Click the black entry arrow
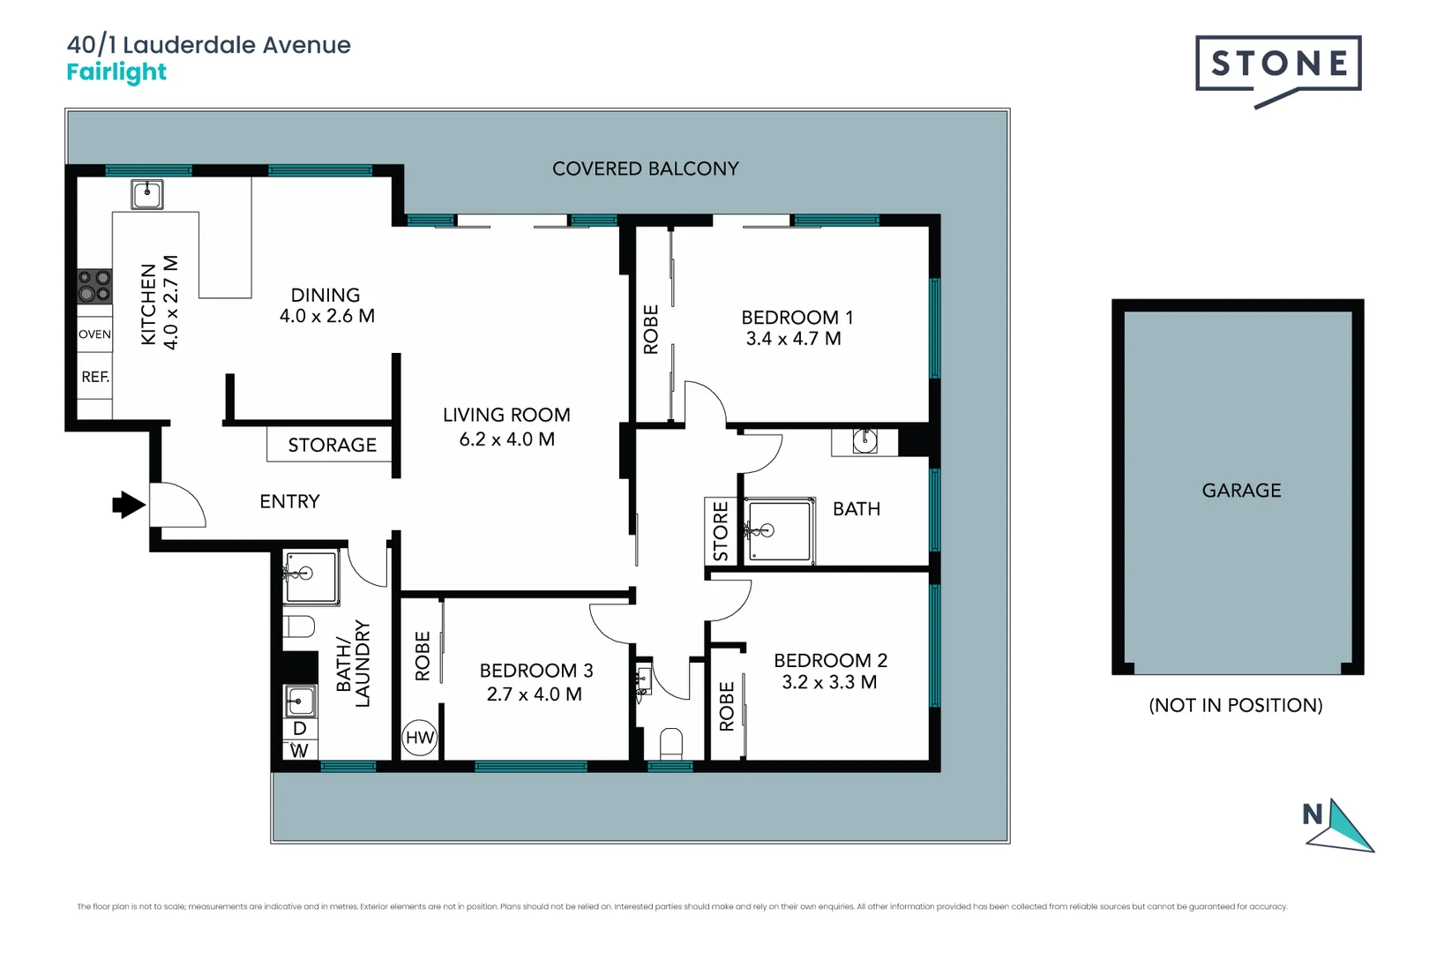click(x=129, y=505)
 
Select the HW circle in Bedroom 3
click(x=420, y=738)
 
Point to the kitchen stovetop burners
click(x=94, y=286)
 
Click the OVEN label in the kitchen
click(x=94, y=334)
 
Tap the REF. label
click(x=95, y=377)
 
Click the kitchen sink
click(x=147, y=194)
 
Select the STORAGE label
click(x=332, y=445)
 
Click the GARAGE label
click(x=1241, y=491)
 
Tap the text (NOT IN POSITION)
click(x=1235, y=705)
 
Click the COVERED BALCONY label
click(x=645, y=169)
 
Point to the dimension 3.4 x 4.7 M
click(x=793, y=339)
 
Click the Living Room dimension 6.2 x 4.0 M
click(x=506, y=439)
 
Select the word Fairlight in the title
click(x=116, y=72)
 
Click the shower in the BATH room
click(x=779, y=530)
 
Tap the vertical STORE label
click(x=720, y=531)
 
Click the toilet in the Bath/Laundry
click(x=299, y=627)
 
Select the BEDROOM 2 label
click(x=830, y=660)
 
